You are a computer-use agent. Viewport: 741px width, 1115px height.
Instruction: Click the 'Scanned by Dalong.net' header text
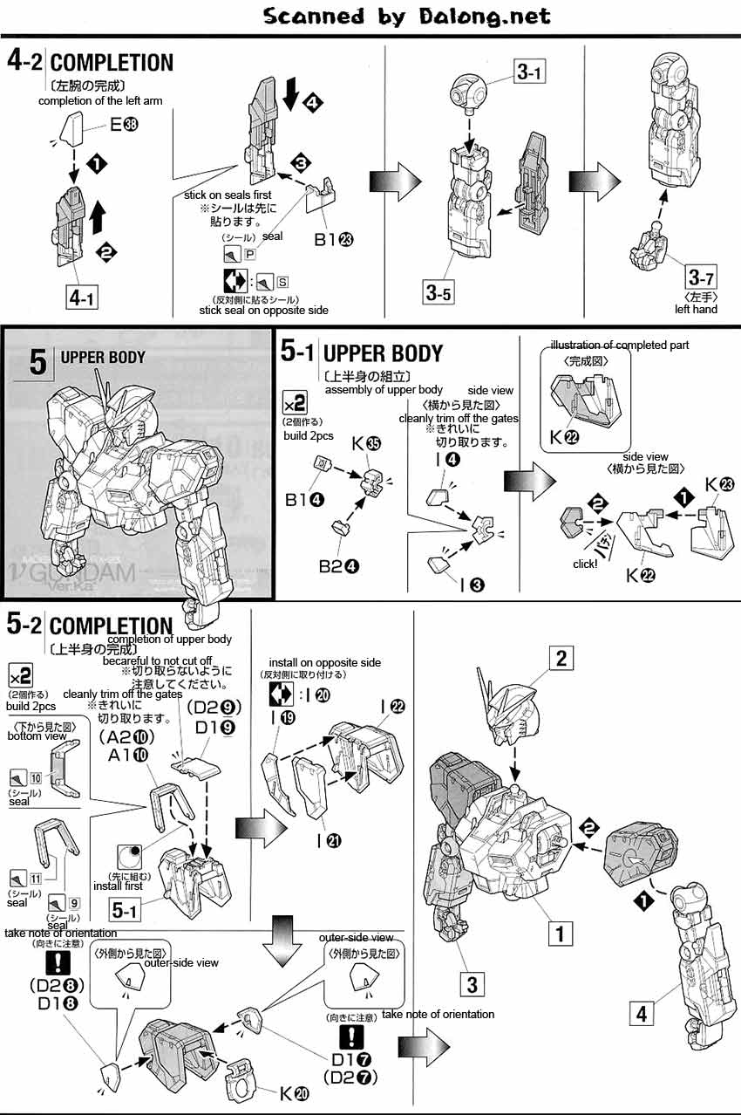point(406,17)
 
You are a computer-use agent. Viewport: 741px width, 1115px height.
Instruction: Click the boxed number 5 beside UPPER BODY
point(37,360)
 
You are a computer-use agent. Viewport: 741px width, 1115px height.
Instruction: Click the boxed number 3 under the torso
point(471,985)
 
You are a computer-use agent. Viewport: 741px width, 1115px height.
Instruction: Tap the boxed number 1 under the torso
point(560,934)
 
